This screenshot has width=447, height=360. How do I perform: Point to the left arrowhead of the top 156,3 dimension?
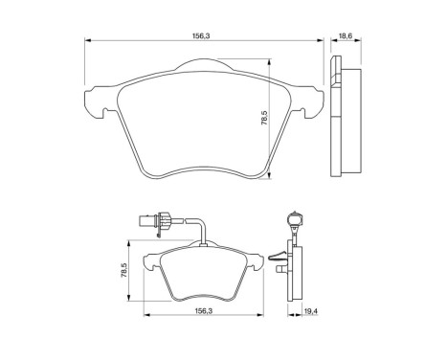(x=87, y=41)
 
